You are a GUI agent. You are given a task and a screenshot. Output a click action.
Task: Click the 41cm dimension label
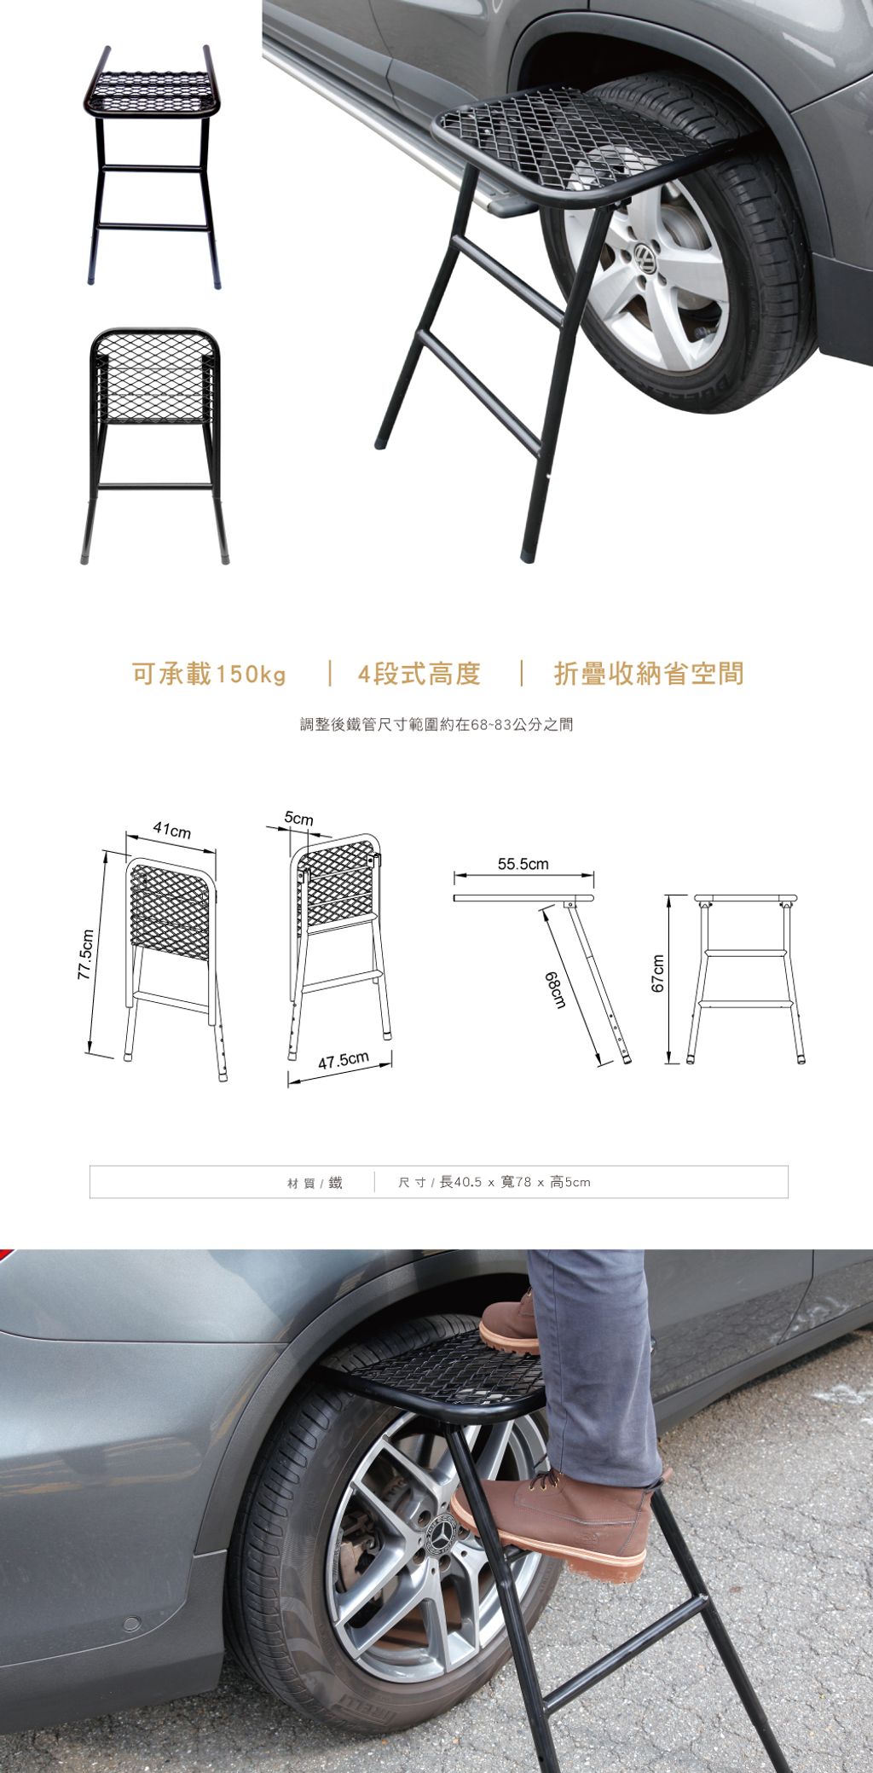(x=172, y=831)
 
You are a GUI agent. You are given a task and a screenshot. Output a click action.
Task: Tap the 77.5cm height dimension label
(x=85, y=953)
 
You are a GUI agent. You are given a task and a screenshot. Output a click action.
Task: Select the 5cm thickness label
(x=299, y=819)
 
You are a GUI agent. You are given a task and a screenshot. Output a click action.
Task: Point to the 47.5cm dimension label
(x=344, y=1061)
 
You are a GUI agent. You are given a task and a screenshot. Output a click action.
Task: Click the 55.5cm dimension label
(x=523, y=864)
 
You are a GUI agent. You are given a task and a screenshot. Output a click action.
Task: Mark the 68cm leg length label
(x=557, y=989)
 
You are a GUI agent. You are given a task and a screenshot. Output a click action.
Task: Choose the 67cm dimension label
(x=657, y=972)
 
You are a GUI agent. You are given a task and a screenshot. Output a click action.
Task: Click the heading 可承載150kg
(x=209, y=674)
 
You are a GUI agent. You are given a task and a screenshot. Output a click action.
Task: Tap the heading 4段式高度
(x=419, y=674)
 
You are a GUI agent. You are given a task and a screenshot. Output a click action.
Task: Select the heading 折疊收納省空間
(x=649, y=674)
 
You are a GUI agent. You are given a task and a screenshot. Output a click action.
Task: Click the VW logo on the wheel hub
(x=645, y=258)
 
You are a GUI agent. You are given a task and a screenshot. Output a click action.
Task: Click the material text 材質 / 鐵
(x=315, y=1183)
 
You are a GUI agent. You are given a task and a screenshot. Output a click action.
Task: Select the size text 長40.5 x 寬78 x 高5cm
(x=514, y=1183)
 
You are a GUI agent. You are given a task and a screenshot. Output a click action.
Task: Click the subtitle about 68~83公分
(x=436, y=725)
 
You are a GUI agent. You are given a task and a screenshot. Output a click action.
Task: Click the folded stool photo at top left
(x=153, y=166)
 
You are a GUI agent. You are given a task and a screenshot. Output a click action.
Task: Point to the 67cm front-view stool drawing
(x=748, y=979)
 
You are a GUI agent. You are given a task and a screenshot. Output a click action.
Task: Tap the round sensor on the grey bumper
(x=131, y=1624)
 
